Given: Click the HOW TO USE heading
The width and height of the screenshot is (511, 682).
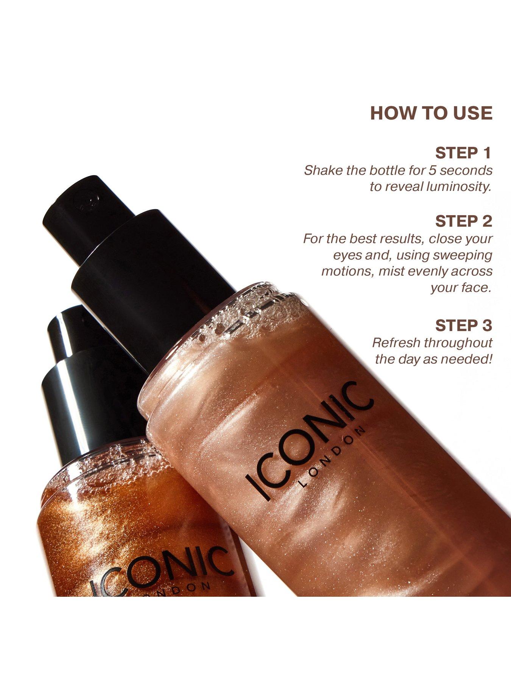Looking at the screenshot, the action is pyautogui.click(x=431, y=113).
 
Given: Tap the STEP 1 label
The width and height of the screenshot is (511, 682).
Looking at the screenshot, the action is pyautogui.click(x=463, y=153).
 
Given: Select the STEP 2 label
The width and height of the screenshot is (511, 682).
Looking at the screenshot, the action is pyautogui.click(x=464, y=221).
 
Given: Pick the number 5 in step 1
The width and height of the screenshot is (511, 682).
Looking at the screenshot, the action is pyautogui.click(x=432, y=170).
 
